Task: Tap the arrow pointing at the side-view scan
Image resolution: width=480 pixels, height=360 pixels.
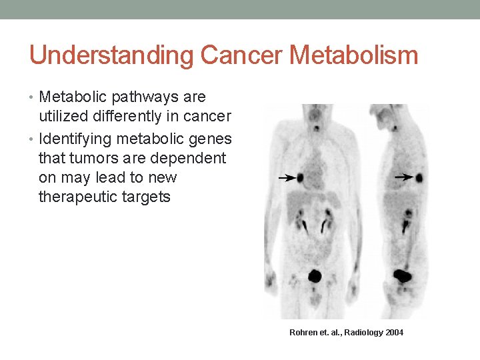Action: click(403, 177)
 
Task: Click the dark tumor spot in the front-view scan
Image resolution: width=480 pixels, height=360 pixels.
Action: click(301, 178)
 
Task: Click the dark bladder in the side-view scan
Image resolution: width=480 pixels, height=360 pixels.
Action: click(403, 275)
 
